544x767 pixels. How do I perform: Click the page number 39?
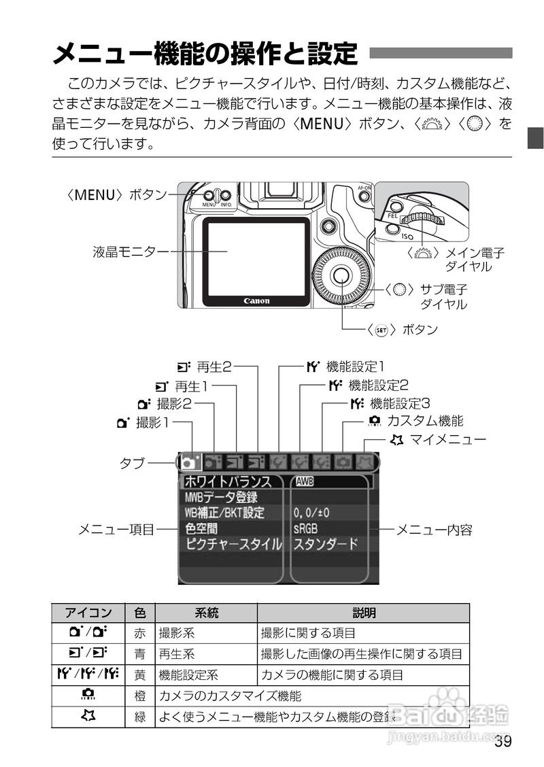tap(503, 741)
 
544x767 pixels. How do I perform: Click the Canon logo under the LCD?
tap(256, 301)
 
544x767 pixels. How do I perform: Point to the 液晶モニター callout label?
tap(131, 252)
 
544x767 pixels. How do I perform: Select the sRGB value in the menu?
tap(306, 528)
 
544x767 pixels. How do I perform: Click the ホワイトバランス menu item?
tap(228, 482)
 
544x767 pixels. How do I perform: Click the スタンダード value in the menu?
tap(326, 544)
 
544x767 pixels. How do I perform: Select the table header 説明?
tap(364, 613)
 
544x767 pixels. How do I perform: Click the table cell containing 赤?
tap(140, 633)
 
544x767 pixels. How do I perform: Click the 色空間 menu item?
tap(201, 528)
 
